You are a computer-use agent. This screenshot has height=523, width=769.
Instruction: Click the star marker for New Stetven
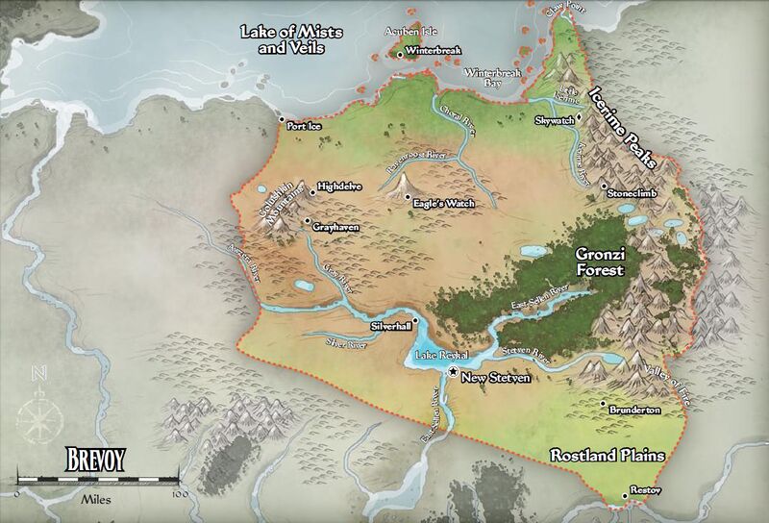tap(453, 371)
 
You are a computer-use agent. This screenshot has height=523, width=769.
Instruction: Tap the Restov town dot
tap(625, 495)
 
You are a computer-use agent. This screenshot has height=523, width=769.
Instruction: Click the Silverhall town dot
tap(414, 320)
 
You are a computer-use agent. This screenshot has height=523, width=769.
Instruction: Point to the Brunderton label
tap(633, 411)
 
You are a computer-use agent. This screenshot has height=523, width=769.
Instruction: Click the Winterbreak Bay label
tap(491, 78)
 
